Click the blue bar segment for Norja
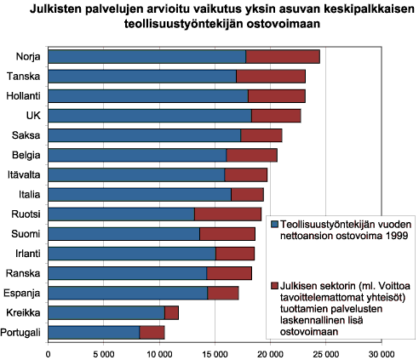[x=146, y=57]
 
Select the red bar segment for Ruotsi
[x=227, y=214]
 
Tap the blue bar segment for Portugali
[x=94, y=332]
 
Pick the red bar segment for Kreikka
[x=171, y=312]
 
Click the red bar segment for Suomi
[x=227, y=233]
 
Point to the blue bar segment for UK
[x=150, y=116]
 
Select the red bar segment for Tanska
[x=270, y=77]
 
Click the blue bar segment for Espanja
[x=128, y=293]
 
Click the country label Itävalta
[x=26, y=174]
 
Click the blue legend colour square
[x=274, y=223]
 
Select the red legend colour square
[x=274, y=287]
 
